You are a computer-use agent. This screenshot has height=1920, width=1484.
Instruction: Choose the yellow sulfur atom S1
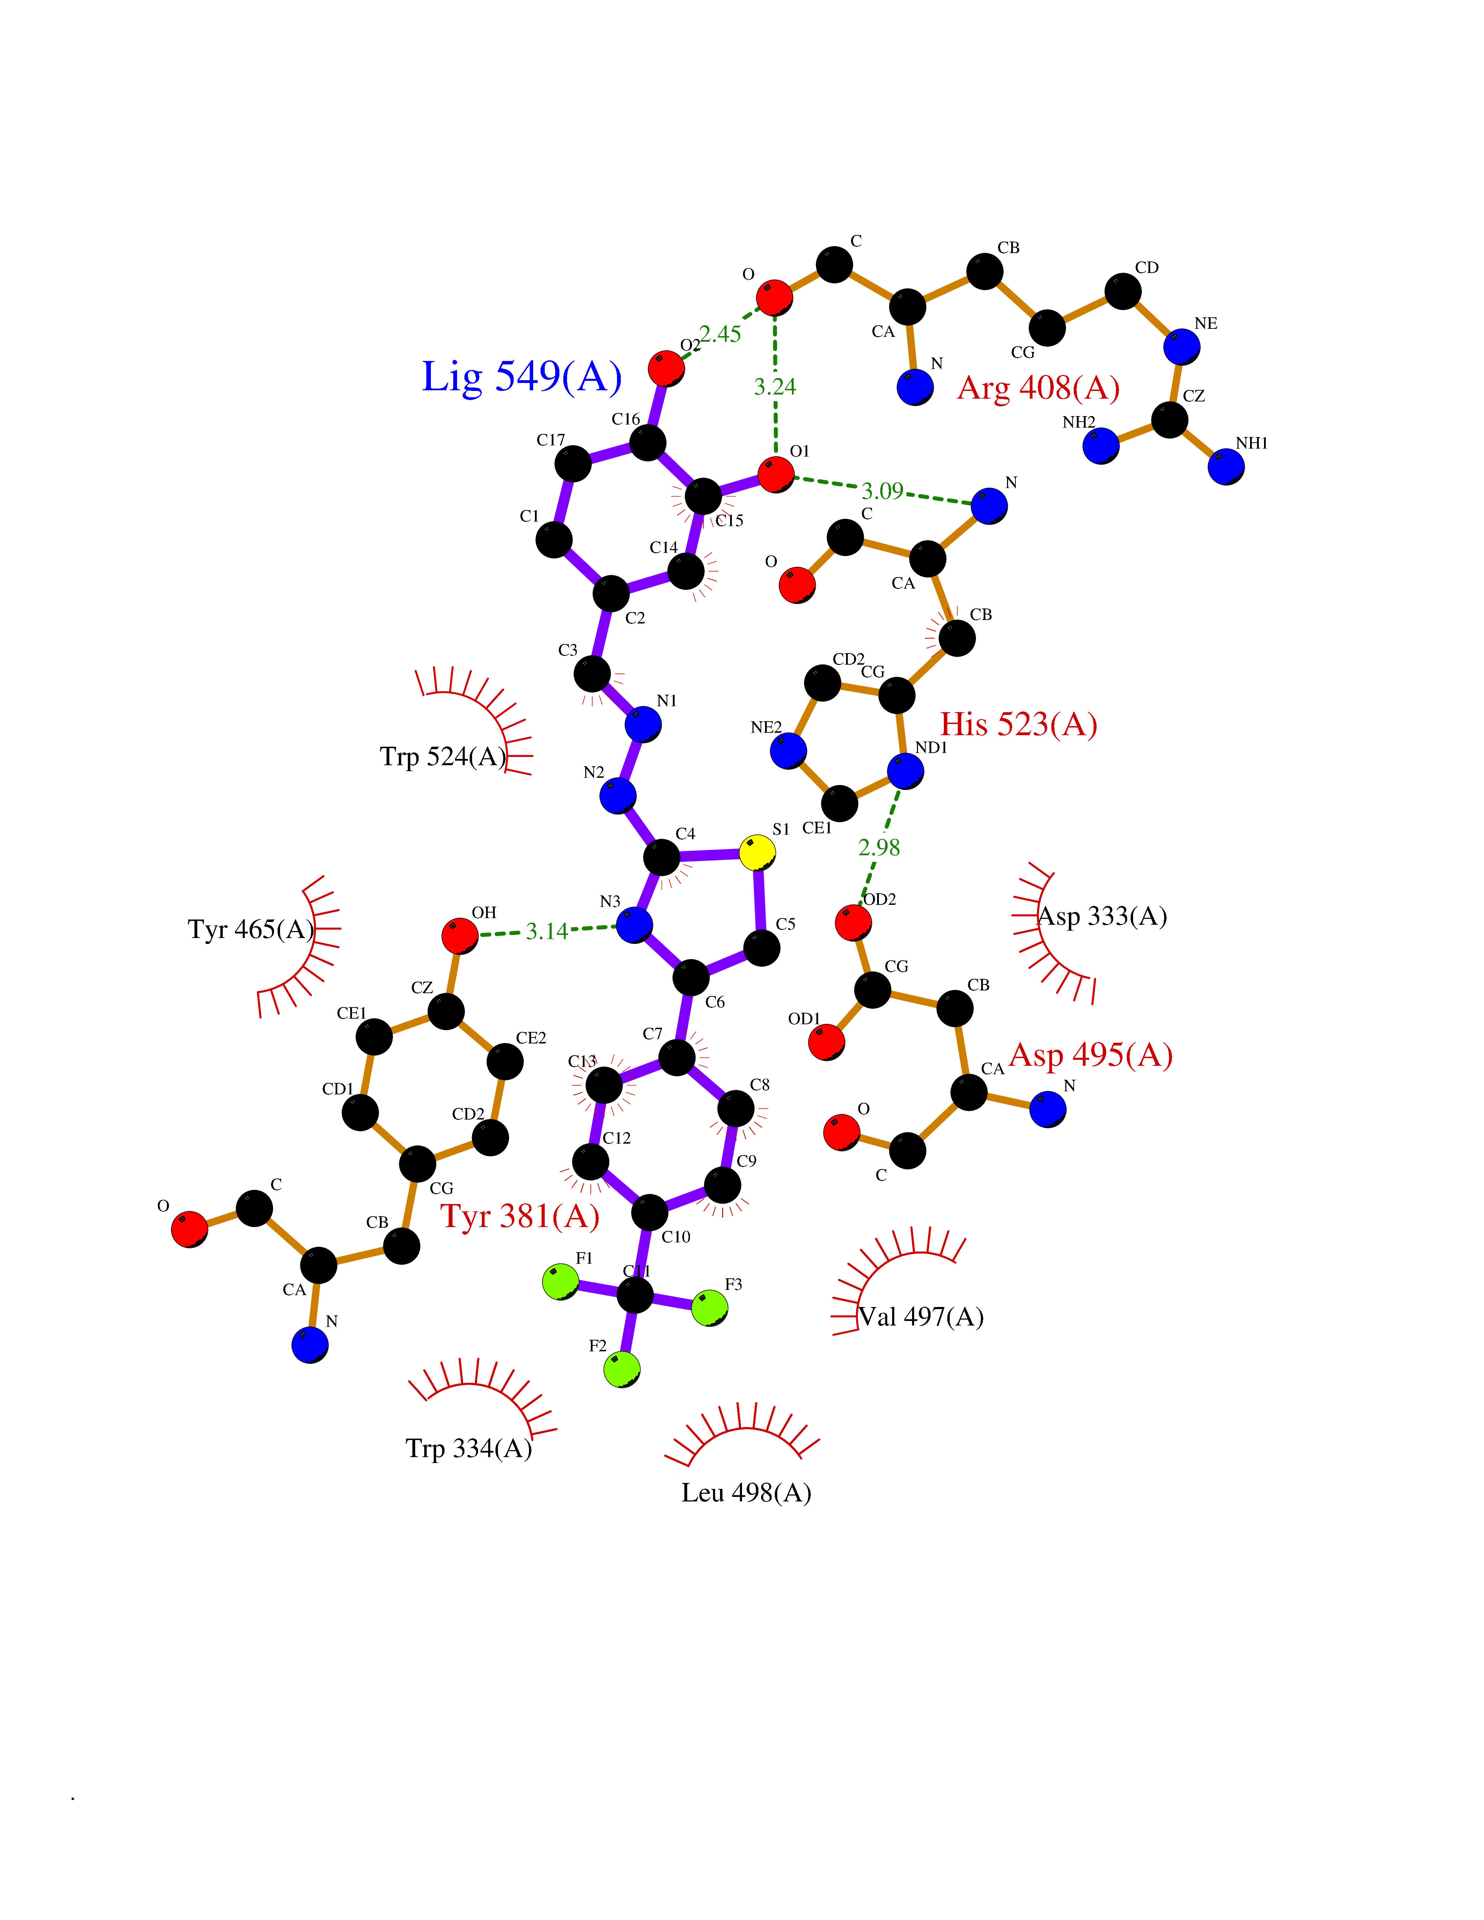click(757, 853)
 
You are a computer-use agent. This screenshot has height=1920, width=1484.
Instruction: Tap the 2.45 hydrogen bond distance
click(720, 334)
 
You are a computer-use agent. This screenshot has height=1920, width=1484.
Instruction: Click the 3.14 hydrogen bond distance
click(547, 931)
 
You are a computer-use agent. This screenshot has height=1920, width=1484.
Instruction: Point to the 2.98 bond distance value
click(879, 848)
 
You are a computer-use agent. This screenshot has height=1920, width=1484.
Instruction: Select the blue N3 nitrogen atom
click(634, 925)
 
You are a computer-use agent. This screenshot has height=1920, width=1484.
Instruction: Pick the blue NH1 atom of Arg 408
click(1226, 467)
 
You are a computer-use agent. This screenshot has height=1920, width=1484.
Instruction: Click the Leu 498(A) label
click(745, 1493)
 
